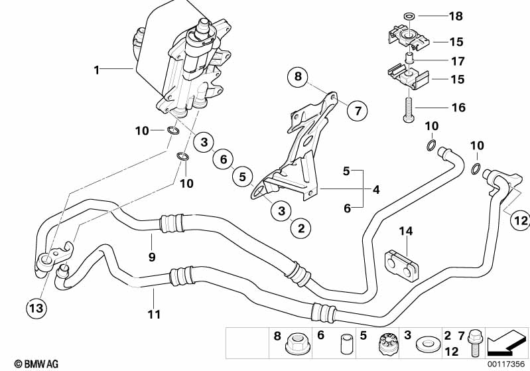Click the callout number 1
coord(98,68)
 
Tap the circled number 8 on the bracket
coord(298,78)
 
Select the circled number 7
coord(358,110)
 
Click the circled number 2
coord(300,229)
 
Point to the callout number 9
coord(152,256)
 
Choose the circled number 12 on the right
coord(519,221)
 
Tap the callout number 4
coord(376,190)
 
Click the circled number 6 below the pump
coord(223,159)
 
